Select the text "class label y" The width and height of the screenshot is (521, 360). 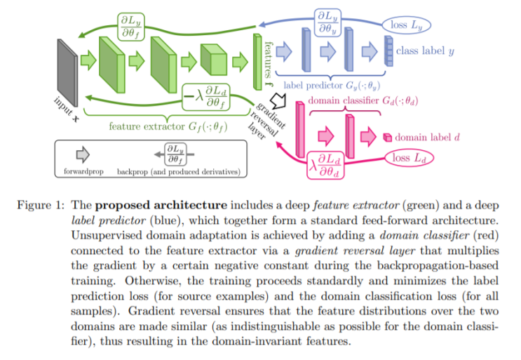tap(426, 51)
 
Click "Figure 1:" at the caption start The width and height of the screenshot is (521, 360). tap(40, 206)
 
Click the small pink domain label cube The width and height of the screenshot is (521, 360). tap(386, 137)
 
